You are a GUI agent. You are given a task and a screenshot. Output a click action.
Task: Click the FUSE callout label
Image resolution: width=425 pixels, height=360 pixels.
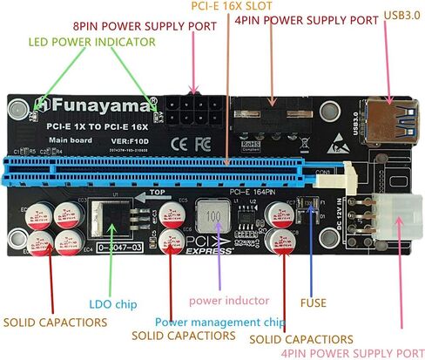tap(314, 303)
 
